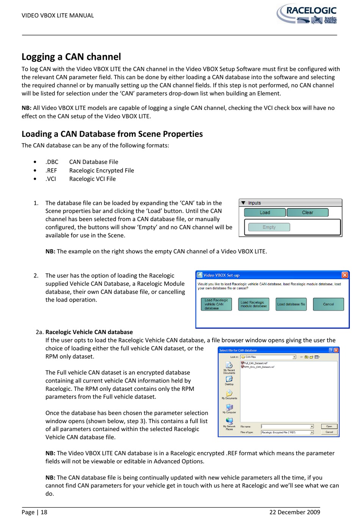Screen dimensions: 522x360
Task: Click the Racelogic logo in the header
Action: (x=307, y=14)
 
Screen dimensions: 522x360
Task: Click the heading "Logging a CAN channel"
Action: (x=71, y=57)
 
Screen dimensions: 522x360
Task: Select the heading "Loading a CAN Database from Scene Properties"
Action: (x=112, y=134)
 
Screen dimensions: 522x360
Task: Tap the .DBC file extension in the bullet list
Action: (x=52, y=162)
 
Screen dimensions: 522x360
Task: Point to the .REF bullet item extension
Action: (x=51, y=170)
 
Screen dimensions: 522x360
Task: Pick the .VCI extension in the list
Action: (x=51, y=179)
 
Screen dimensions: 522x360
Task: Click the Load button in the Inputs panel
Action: (x=265, y=213)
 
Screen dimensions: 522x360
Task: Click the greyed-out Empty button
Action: (x=269, y=227)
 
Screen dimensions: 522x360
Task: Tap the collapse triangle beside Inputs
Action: (x=243, y=203)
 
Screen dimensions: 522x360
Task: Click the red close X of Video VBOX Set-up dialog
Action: (x=344, y=275)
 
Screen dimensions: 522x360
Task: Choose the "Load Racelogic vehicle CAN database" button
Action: (x=216, y=304)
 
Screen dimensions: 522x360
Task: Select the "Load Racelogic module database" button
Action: (x=254, y=304)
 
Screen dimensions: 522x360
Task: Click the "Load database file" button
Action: (x=291, y=304)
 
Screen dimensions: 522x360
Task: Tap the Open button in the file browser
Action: (x=329, y=427)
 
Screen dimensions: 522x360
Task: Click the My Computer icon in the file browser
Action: (x=229, y=408)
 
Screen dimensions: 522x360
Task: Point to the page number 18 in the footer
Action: (x=44, y=512)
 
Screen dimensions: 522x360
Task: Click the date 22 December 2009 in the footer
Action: (x=294, y=512)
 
